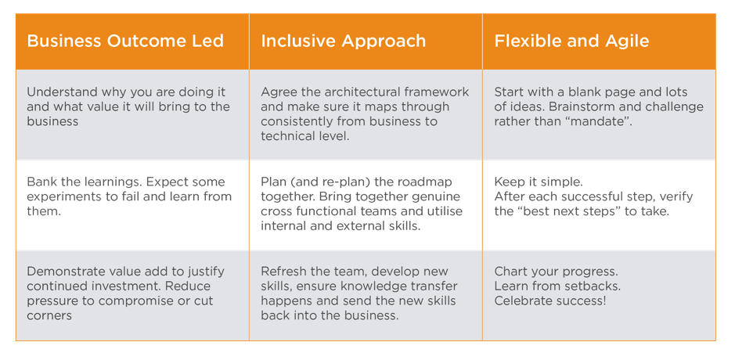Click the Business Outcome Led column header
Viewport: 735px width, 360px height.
[x=125, y=41]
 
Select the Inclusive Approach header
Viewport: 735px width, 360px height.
[x=343, y=41]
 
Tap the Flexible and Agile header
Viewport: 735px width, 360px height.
[x=571, y=41]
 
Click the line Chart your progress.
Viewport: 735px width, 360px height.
[x=557, y=272]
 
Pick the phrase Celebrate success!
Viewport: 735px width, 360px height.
[x=550, y=301]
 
